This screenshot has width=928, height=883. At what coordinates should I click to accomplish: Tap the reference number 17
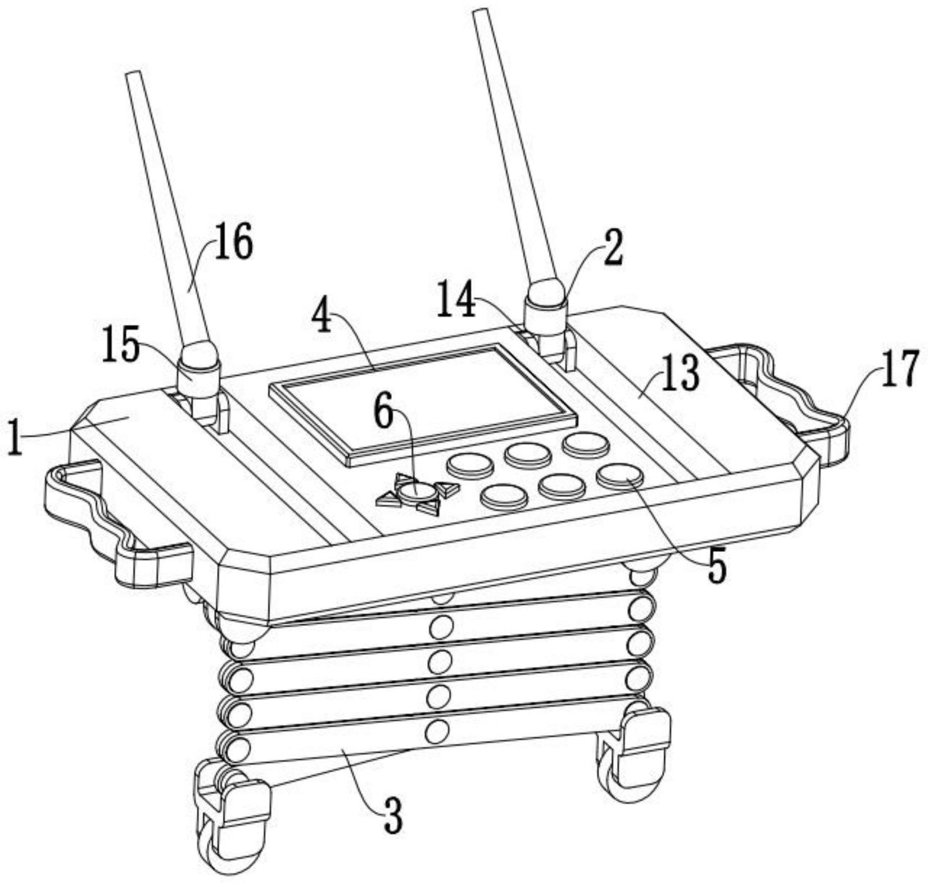[x=900, y=369]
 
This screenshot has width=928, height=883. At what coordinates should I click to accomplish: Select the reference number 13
[x=681, y=373]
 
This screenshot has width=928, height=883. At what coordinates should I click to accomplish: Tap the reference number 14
[x=457, y=301]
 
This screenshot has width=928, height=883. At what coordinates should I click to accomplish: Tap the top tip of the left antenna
[x=132, y=74]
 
